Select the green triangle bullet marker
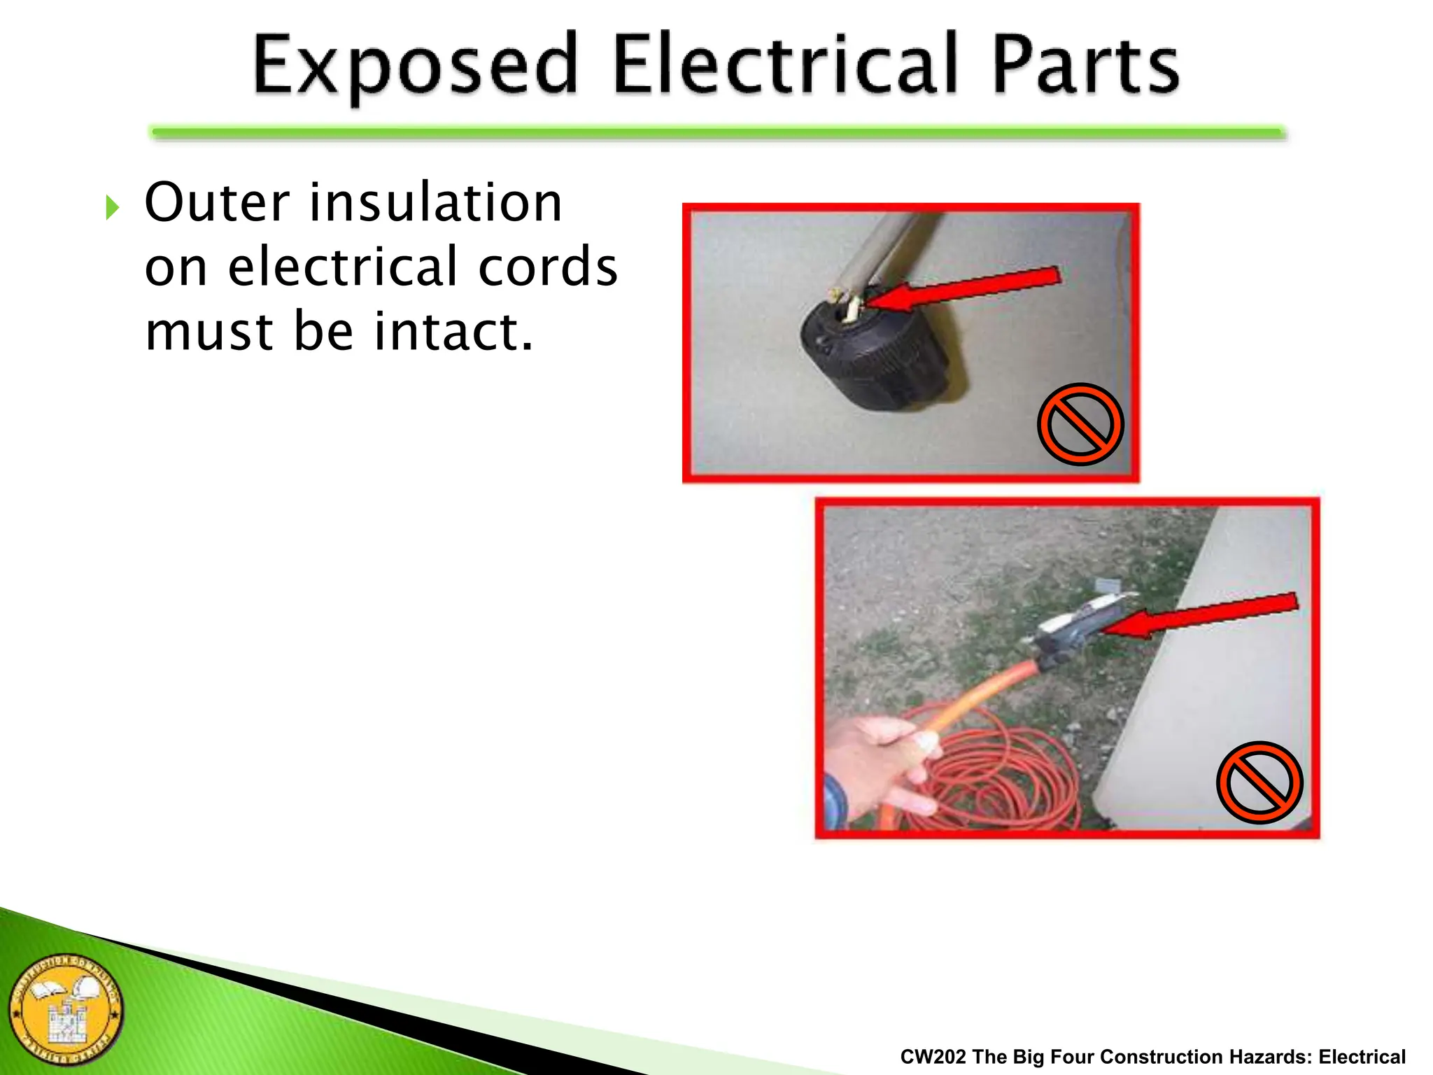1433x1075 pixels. tap(112, 207)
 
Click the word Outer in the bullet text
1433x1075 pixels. tap(216, 203)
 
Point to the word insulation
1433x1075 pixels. tap(435, 203)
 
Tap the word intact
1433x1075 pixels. tap(453, 331)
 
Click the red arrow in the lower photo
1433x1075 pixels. tap(1203, 615)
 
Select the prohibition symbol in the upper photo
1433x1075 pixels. tap(1080, 424)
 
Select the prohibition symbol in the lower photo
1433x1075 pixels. tap(1259, 782)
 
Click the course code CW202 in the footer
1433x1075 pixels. tap(933, 1057)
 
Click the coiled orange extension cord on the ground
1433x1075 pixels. tap(1001, 777)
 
